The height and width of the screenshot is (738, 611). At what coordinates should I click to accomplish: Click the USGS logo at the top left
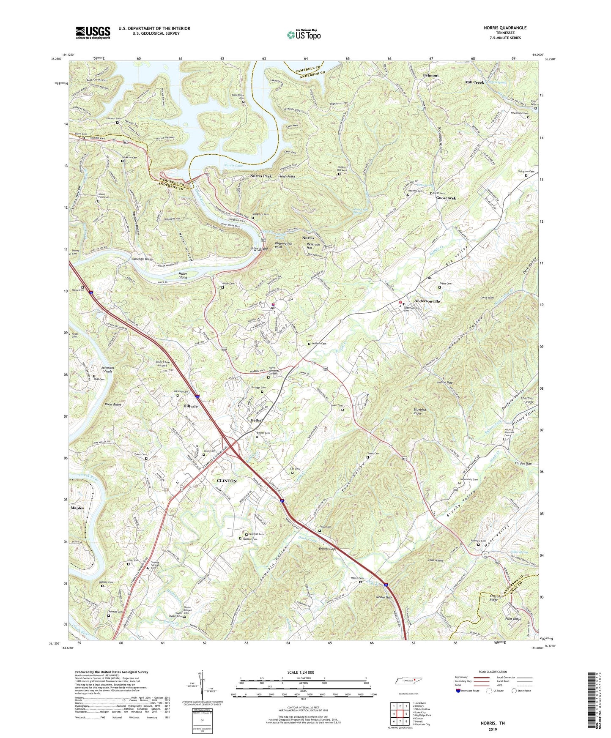tap(93, 32)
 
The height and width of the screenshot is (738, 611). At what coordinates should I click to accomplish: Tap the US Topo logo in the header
tap(304, 35)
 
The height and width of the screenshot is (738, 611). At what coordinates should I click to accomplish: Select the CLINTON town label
tap(227, 481)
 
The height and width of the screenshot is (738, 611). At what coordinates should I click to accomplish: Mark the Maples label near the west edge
tap(77, 508)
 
